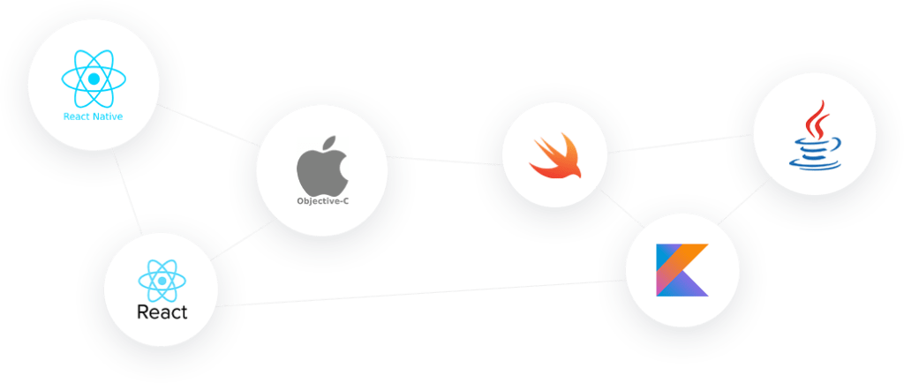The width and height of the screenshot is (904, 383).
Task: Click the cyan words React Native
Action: click(x=93, y=116)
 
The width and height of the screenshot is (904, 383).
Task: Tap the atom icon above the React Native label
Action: click(x=94, y=79)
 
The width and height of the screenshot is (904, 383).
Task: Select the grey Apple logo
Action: click(x=321, y=165)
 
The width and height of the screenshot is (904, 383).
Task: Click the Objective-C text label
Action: click(x=322, y=201)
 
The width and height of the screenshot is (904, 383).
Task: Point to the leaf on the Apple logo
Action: click(x=329, y=141)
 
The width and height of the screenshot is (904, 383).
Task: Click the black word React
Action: click(x=162, y=312)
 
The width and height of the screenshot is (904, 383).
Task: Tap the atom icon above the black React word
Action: click(x=162, y=282)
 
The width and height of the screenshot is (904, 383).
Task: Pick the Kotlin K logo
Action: click(x=682, y=270)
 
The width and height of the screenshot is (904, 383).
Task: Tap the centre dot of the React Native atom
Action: click(x=94, y=79)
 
